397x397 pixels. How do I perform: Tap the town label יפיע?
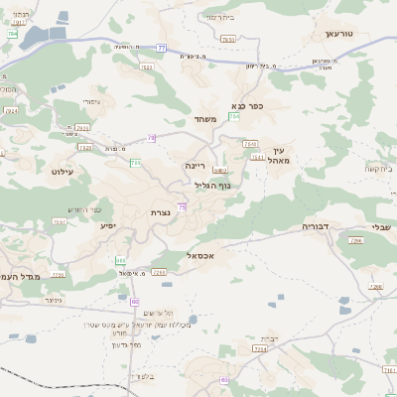click(107, 225)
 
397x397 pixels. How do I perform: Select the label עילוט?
click(64, 173)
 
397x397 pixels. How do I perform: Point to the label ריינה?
click(195, 166)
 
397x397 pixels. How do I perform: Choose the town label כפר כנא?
click(246, 105)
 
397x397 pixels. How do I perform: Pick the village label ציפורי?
click(91, 101)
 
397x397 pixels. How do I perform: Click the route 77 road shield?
click(161, 46)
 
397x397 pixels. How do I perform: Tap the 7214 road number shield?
click(261, 349)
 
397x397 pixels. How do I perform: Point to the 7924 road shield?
click(82, 128)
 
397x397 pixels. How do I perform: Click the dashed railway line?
click(60, 381)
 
